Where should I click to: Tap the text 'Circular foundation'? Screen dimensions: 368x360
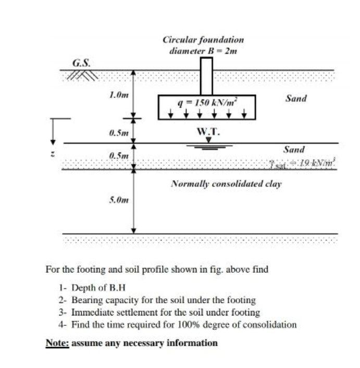coord(203,40)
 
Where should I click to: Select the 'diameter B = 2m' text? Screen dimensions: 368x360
coord(203,50)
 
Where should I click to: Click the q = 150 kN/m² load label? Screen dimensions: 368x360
coord(207,103)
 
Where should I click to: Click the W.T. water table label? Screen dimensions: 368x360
coord(208,131)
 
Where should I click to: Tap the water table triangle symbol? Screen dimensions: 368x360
coord(208,139)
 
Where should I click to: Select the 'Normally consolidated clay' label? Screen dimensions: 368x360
coord(226,184)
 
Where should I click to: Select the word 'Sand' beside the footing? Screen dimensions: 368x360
coord(296,98)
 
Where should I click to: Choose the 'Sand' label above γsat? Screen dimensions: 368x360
coord(294,149)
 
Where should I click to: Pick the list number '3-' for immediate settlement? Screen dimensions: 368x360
coord(63,312)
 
